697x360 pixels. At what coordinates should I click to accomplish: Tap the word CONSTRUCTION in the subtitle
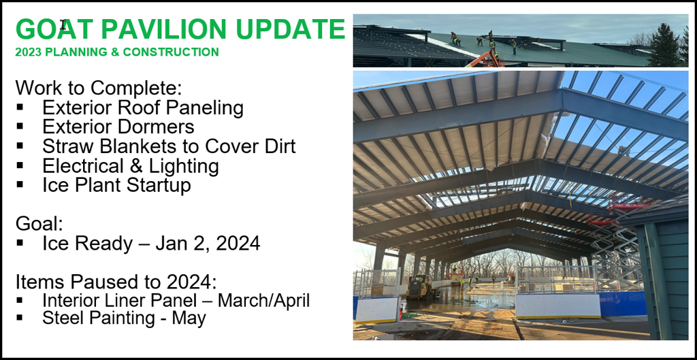coord(171,52)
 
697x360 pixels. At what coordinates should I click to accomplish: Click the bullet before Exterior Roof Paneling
coord(20,107)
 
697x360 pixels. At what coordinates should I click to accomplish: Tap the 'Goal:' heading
coord(39,224)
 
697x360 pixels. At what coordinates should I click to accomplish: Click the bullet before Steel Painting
coord(20,318)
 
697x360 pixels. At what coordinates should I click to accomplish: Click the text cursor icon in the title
coord(63,25)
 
